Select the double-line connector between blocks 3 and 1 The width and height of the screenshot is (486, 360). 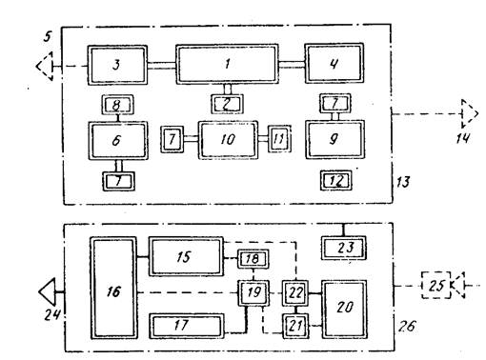pos(162,66)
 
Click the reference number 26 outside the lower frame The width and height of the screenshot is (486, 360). pos(407,326)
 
